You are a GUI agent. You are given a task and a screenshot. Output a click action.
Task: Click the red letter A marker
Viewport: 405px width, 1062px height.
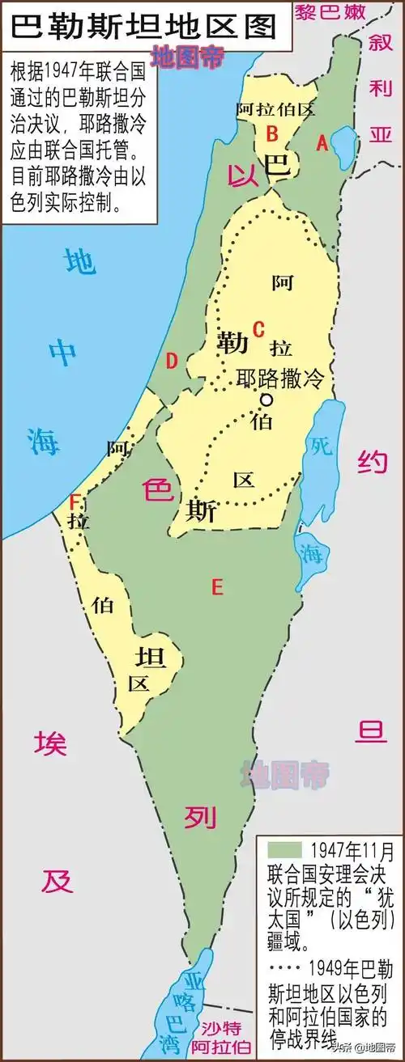[322, 143]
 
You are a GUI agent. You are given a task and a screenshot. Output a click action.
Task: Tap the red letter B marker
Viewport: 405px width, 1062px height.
[273, 132]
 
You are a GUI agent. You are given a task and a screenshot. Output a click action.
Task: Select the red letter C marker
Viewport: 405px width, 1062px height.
[259, 329]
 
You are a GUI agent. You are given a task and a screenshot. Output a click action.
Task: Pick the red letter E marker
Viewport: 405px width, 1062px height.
[216, 587]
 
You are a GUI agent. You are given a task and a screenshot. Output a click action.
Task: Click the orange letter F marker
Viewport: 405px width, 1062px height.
[75, 501]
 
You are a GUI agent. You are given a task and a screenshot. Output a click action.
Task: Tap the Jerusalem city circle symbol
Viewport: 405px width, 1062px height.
[265, 400]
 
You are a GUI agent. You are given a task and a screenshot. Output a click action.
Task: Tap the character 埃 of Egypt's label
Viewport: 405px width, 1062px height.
[50, 743]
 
